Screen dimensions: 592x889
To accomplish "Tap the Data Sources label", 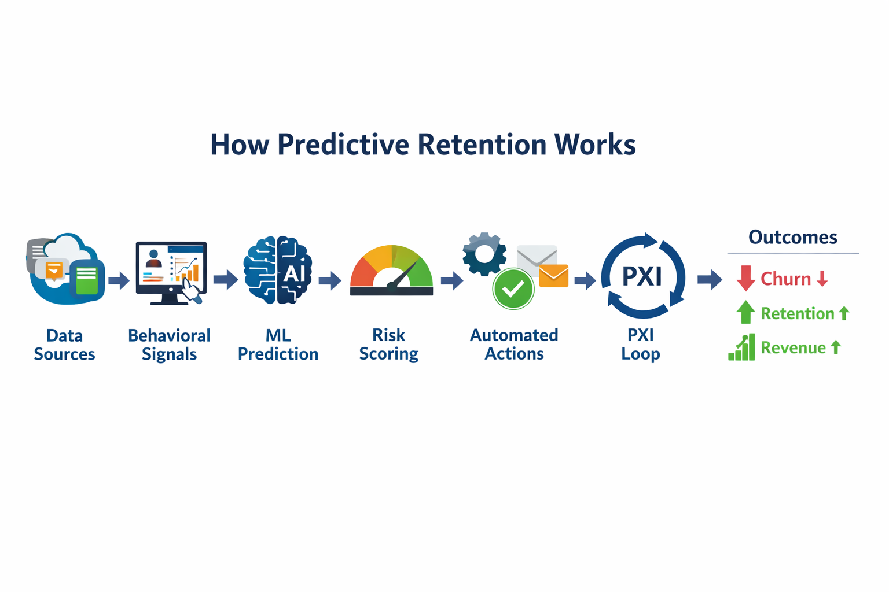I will pos(64,345).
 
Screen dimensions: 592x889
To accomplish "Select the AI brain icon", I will pos(278,270).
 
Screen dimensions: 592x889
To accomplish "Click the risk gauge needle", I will pos(403,276).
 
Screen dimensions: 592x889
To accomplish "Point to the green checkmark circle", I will pos(513,288).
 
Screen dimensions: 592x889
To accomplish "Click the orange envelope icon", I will pos(553,276).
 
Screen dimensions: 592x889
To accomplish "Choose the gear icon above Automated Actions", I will pos(484,254).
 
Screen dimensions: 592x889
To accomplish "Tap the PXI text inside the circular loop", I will pos(642,276).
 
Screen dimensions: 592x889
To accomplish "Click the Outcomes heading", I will pos(792,237).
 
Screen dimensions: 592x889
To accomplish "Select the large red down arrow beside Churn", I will pos(745,278).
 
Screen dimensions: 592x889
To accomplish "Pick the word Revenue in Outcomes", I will pos(793,347).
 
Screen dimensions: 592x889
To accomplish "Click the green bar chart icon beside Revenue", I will pos(742,347).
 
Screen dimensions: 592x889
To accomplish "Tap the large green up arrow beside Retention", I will pos(745,312).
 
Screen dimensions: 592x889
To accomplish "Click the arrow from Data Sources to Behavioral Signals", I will pos(119,280).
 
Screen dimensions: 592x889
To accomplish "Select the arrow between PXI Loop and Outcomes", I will pos(710,280).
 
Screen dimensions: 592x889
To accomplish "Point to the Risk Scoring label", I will pos(388,344).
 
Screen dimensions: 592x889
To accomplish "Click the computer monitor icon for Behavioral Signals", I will pos(171,271).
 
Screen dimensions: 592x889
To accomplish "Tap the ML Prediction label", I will pos(278,345).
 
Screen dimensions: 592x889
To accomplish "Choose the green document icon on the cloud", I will pos(87,280).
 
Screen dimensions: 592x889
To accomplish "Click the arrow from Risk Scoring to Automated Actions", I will pos(451,281).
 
